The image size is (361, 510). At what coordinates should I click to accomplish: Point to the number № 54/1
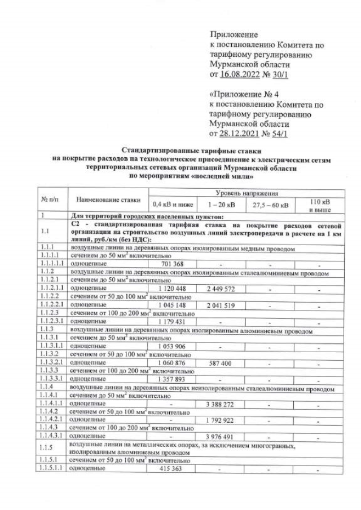[276, 134]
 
